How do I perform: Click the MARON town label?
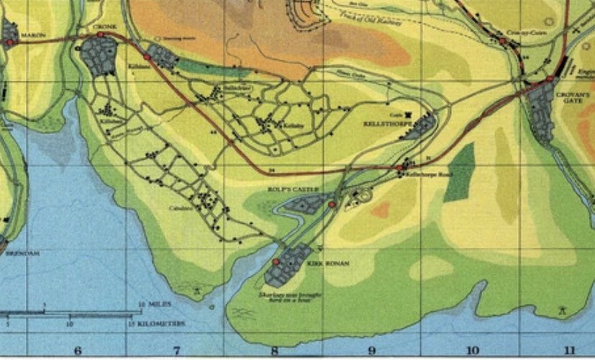click(x=32, y=34)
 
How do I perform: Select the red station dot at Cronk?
click(x=100, y=34)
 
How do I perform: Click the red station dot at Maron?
click(x=9, y=42)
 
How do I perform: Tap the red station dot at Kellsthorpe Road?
click(x=399, y=168)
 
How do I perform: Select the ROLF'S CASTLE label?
click(x=283, y=191)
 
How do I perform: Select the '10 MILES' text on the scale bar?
click(x=150, y=305)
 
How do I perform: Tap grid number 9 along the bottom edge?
click(x=371, y=351)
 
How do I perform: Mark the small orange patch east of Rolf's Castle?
click(x=381, y=210)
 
